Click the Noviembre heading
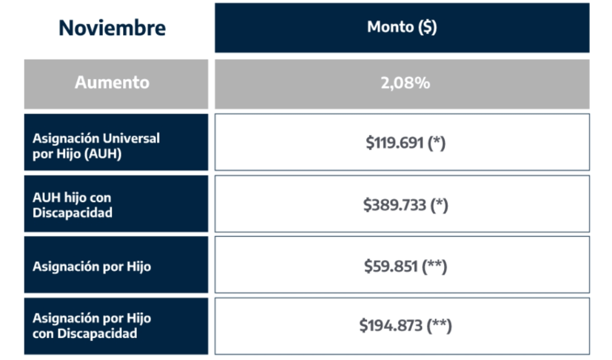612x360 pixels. [x=112, y=28]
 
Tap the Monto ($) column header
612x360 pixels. [x=402, y=27]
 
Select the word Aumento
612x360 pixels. [x=112, y=83]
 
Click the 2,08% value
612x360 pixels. [x=405, y=83]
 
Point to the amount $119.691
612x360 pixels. [x=394, y=143]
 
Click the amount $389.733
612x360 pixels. [x=394, y=205]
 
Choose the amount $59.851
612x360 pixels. [x=391, y=267]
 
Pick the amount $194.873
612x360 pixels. [x=391, y=326]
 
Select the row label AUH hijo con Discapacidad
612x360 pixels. [x=72, y=205]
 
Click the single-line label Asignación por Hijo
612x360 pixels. [x=91, y=267]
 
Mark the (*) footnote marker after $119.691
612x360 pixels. [x=436, y=143]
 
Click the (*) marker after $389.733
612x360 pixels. [x=439, y=205]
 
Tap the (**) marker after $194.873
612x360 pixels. [x=439, y=326]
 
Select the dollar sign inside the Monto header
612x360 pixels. [x=427, y=27]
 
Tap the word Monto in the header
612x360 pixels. [x=390, y=27]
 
